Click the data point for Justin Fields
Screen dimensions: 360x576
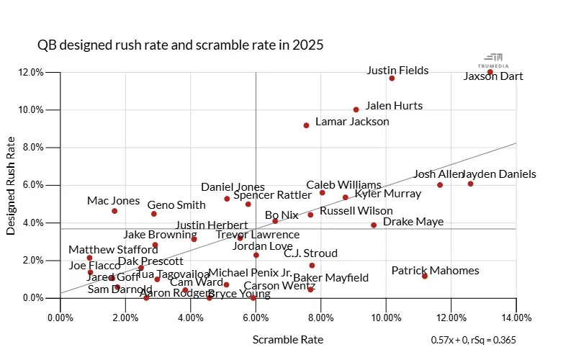coord(392,78)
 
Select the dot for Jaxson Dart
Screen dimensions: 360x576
coord(490,72)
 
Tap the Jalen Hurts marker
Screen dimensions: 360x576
coord(356,109)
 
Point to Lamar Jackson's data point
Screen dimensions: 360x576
coord(306,125)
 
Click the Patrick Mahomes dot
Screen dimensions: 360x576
coord(425,276)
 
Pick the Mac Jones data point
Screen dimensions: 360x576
coord(114,211)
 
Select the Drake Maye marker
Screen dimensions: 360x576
coord(374,225)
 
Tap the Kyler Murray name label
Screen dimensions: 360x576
coord(388,193)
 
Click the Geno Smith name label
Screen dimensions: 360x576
coord(176,205)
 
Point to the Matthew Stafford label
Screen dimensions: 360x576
coord(113,250)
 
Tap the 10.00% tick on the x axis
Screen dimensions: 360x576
coord(386,317)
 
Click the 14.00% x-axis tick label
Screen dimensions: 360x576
coord(516,317)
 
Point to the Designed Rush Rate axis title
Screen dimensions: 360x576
coord(12,186)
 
